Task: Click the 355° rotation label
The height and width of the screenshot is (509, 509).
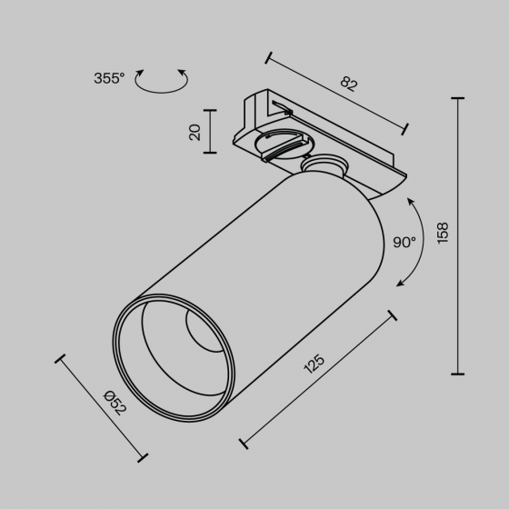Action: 108,78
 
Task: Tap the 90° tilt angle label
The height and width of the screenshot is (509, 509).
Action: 404,243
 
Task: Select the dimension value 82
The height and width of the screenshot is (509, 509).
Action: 348,85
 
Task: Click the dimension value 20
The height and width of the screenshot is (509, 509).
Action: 195,132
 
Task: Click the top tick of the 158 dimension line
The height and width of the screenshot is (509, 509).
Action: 457,97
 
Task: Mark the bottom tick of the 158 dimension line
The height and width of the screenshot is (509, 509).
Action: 457,374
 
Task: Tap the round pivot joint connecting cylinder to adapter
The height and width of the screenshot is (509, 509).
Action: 323,166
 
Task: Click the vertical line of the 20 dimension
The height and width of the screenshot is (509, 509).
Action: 211,132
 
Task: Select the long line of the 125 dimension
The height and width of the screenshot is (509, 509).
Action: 318,379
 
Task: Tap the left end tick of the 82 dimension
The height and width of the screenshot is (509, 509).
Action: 268,57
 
